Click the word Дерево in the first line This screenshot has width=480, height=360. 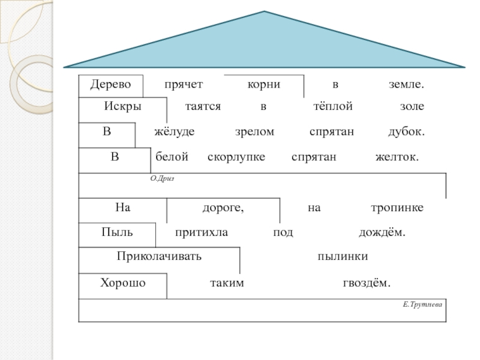pyautogui.click(x=110, y=85)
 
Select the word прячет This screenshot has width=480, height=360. pyautogui.click(x=184, y=85)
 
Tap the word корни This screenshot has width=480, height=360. pyautogui.click(x=264, y=85)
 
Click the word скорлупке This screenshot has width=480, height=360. pyautogui.click(x=237, y=157)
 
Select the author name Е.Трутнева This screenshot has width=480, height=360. pyautogui.click(x=422, y=305)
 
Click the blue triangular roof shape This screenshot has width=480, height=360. pyautogui.click(x=265, y=45)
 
